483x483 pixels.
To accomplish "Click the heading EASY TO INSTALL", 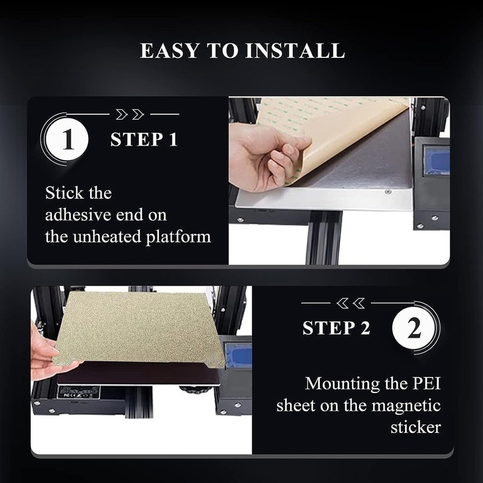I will click(x=242, y=51).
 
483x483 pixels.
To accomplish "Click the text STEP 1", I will click(x=144, y=140).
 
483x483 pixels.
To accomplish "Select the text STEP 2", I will click(x=336, y=328).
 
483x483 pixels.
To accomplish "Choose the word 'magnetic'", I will click(x=408, y=405).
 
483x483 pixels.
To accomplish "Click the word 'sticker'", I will click(x=415, y=427).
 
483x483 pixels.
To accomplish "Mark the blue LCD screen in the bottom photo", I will click(x=237, y=355).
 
